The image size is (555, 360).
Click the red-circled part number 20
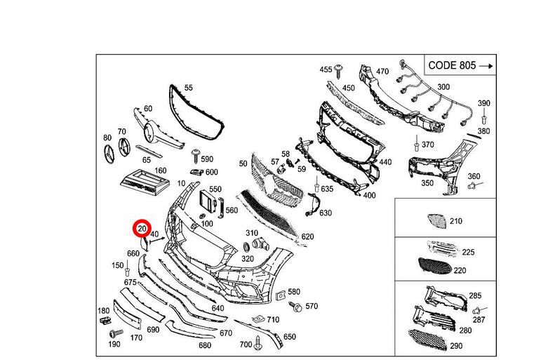(142, 229)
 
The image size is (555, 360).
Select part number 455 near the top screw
(326, 70)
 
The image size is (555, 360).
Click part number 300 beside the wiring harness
(443, 87)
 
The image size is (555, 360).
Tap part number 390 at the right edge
(484, 104)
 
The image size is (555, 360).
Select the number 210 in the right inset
(456, 222)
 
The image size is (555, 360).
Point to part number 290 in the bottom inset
(456, 346)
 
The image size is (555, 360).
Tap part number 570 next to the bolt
(312, 306)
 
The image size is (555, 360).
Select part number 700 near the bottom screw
(246, 345)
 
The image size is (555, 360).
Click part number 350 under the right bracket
(427, 183)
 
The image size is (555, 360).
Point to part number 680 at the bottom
(205, 345)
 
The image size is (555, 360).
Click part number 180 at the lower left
(103, 311)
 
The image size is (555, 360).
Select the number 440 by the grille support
(385, 162)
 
